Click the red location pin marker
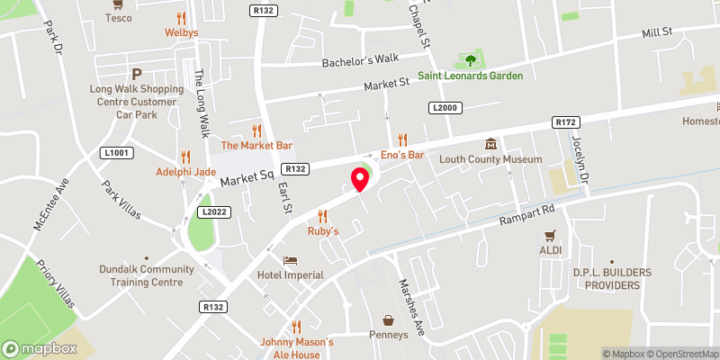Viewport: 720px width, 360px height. pos(360,178)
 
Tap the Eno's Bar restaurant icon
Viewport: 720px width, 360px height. pos(402,139)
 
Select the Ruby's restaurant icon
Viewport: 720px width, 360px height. pos(322,216)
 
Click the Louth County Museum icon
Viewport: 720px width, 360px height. pos(490,144)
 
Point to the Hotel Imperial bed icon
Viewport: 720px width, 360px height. pos(290,260)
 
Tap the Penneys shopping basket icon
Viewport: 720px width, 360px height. pos(388,320)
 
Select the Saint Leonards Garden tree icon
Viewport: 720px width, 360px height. pos(469,61)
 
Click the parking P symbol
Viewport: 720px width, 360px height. pos(137,74)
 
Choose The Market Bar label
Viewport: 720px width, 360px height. pos(257,145)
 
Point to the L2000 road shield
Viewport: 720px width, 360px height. pos(445,108)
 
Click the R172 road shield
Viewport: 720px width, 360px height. pos(565,121)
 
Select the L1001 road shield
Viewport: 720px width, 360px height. pos(117,153)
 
